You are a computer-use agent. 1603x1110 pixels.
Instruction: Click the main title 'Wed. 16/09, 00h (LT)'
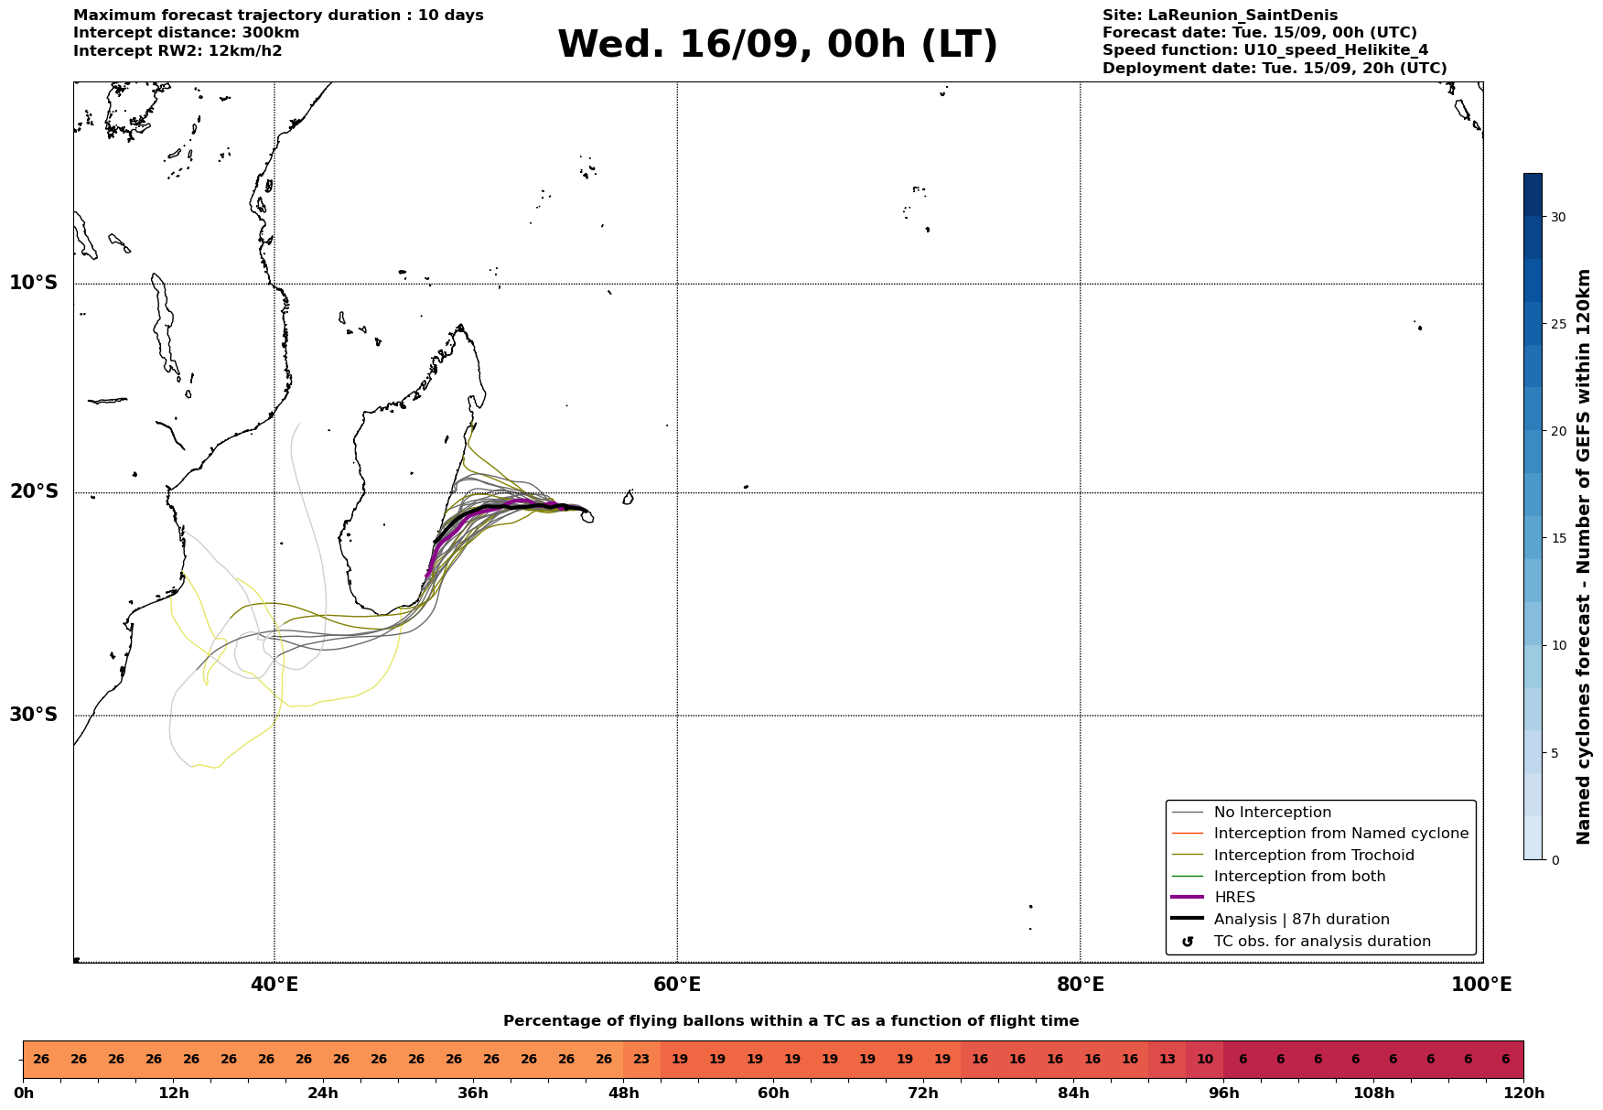pyautogui.click(x=778, y=45)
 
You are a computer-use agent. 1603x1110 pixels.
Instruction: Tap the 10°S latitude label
pyautogui.click(x=34, y=283)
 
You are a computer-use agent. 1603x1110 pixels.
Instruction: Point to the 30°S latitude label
pyautogui.click(x=34, y=715)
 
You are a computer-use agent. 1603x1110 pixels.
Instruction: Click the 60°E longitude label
pyautogui.click(x=677, y=985)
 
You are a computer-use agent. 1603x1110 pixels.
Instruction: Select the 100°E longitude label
pyautogui.click(x=1482, y=985)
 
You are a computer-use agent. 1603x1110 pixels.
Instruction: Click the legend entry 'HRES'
pyautogui.click(x=1234, y=898)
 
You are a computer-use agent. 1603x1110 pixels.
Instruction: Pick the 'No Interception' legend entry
pyautogui.click(x=1273, y=813)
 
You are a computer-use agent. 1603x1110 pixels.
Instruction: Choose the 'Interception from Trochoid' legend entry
pyautogui.click(x=1314, y=856)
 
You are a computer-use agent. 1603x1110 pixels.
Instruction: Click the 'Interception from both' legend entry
pyautogui.click(x=1299, y=877)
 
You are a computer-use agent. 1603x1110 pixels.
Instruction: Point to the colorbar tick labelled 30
pyautogui.click(x=1557, y=217)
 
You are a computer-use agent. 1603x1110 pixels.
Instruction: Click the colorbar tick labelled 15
pyautogui.click(x=1557, y=538)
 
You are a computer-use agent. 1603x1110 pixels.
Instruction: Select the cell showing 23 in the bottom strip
pyautogui.click(x=641, y=1060)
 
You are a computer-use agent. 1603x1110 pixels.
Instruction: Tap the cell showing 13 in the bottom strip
pyautogui.click(x=1167, y=1060)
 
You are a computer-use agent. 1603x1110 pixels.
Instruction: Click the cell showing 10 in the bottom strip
pyautogui.click(x=1205, y=1060)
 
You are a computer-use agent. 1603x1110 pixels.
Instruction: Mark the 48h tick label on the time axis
pyautogui.click(x=623, y=1094)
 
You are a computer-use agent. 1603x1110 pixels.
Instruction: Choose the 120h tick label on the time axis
pyautogui.click(x=1523, y=1094)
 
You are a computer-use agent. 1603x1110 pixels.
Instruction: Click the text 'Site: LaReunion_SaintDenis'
pyautogui.click(x=1220, y=16)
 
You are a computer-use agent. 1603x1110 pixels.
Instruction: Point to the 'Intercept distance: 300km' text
pyautogui.click(x=187, y=33)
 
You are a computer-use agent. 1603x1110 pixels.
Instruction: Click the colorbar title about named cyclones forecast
pyautogui.click(x=1584, y=557)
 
